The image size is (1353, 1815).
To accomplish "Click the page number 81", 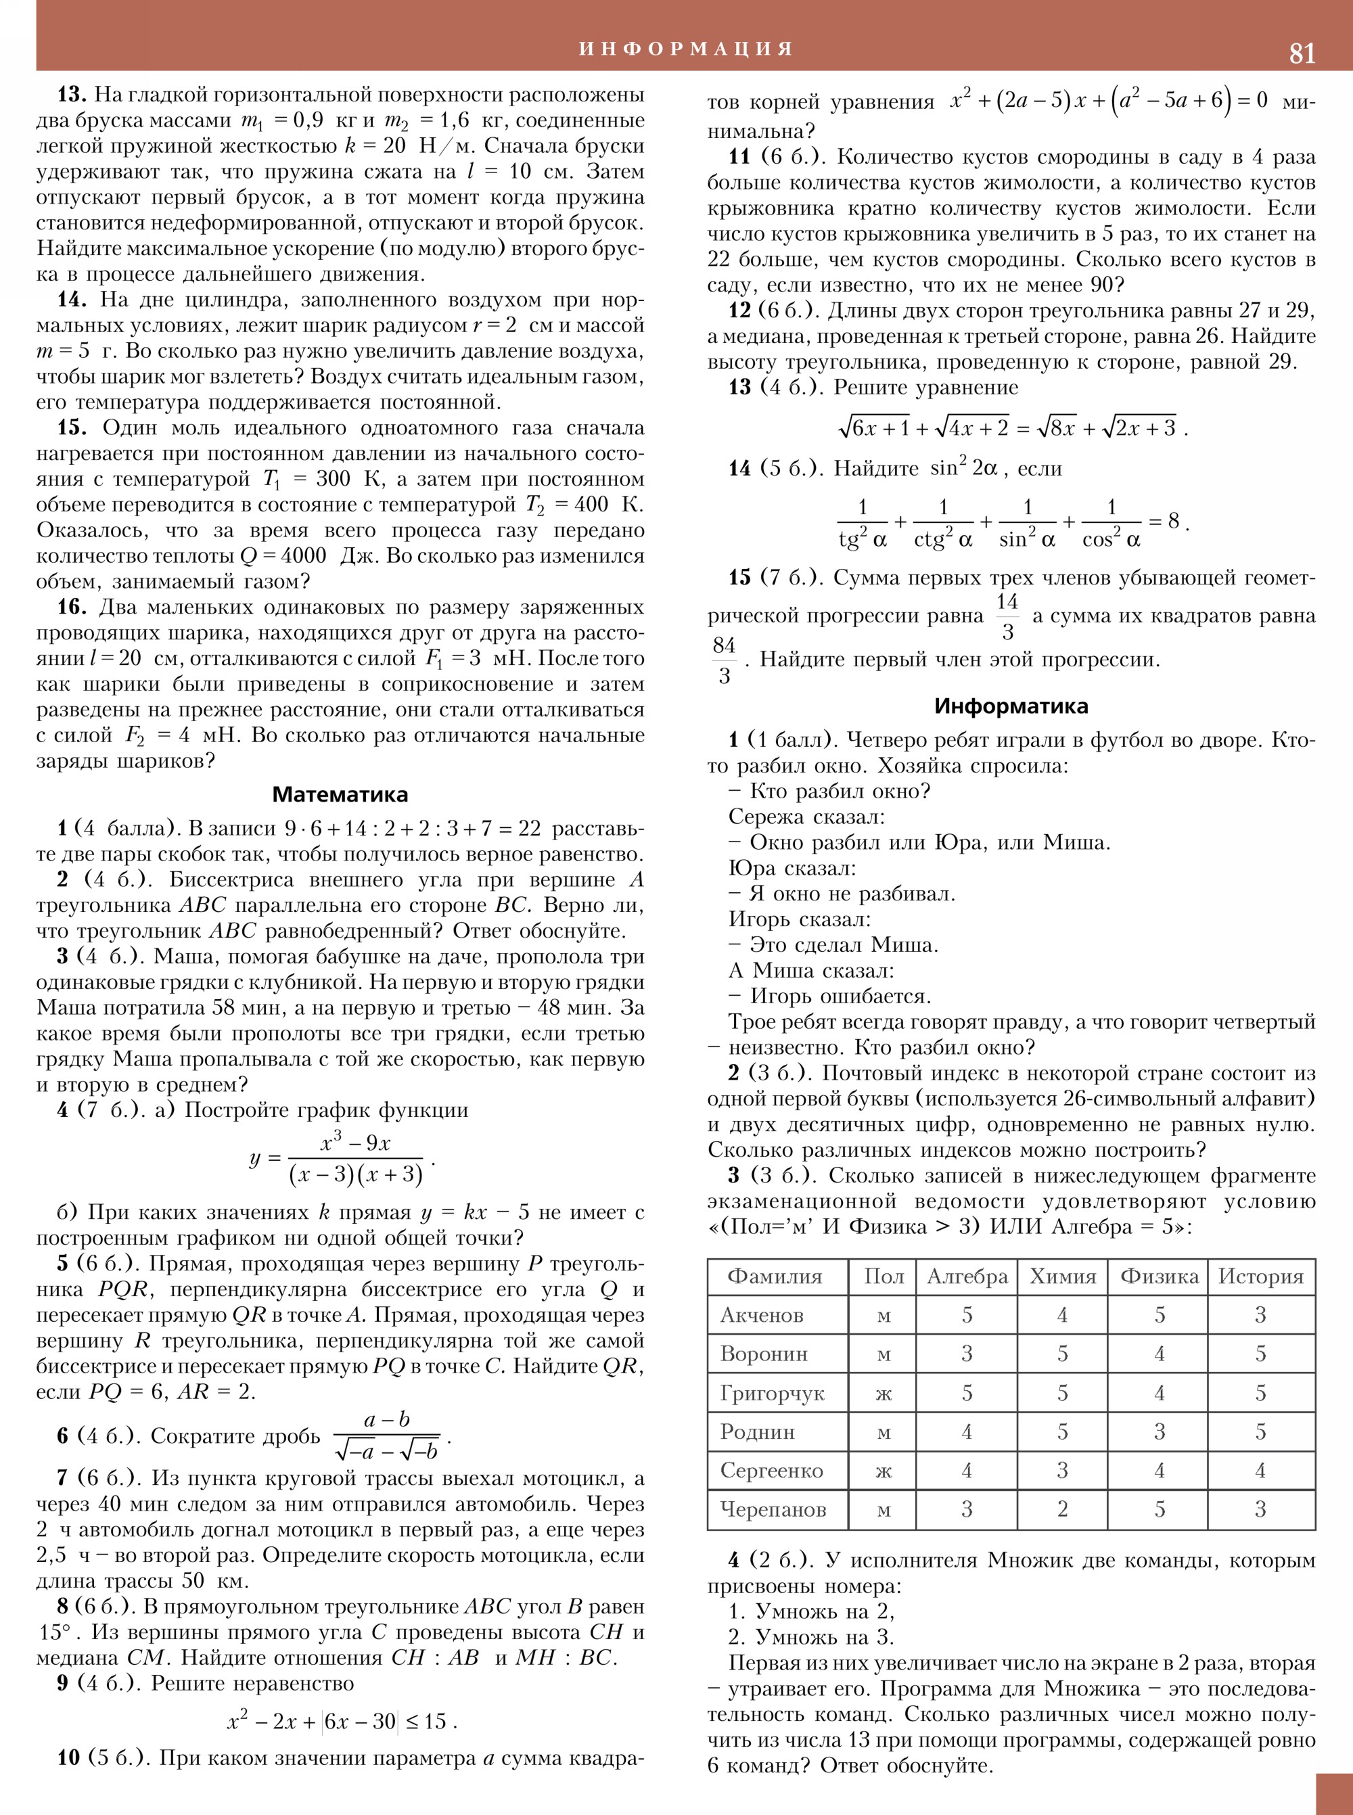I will click(1302, 53).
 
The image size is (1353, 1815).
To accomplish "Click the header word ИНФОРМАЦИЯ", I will click(687, 48).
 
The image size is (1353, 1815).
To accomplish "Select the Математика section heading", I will click(340, 794).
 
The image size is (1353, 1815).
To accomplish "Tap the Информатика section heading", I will click(1011, 706).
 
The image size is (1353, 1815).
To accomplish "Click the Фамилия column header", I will click(774, 1276).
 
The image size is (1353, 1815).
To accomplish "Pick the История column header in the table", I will click(1260, 1276).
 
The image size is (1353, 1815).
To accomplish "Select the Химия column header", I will click(1062, 1276).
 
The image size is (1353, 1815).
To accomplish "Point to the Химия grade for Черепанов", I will click(1062, 1509).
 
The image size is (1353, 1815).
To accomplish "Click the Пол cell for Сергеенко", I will click(883, 1471).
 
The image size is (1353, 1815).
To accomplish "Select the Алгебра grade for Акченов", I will click(967, 1315).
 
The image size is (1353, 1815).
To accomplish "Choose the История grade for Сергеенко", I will click(1260, 1471).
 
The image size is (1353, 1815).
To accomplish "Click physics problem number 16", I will click(72, 607).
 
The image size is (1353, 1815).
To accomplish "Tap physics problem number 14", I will click(72, 300).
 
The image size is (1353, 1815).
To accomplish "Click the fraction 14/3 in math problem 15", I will click(1007, 616).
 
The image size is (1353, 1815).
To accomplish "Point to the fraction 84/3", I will click(724, 660).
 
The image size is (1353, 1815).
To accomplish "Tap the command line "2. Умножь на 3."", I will click(812, 1637).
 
